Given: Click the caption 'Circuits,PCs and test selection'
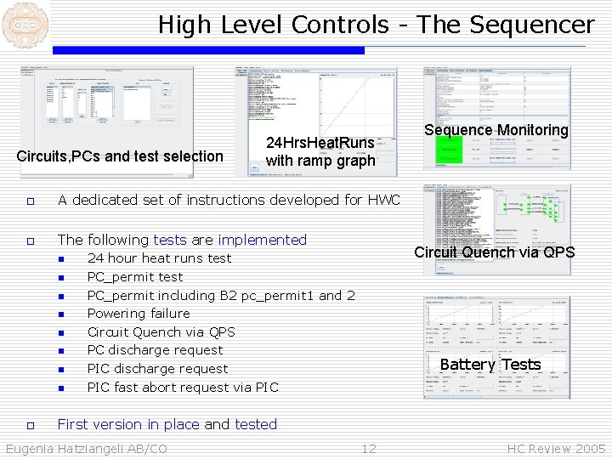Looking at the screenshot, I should tap(120, 156).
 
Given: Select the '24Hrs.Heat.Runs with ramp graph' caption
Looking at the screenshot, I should tap(320, 152).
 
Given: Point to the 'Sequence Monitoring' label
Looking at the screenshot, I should tap(496, 130).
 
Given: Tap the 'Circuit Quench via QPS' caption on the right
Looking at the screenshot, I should tap(494, 252).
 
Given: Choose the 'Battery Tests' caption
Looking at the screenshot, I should tap(490, 365).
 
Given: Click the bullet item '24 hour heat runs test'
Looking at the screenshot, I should tap(159, 258).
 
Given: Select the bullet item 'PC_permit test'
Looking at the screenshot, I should tap(135, 277).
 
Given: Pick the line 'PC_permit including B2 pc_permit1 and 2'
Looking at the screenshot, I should tap(221, 296).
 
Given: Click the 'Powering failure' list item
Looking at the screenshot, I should tap(139, 314).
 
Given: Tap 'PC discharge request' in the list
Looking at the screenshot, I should tap(155, 350).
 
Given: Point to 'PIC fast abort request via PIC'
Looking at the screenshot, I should tap(183, 388).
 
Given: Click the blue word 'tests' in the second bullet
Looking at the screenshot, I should tap(169, 240).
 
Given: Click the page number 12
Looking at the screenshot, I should tap(368, 449).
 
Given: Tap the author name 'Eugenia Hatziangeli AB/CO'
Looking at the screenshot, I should tap(87, 449).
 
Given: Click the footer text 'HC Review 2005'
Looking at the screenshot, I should tap(556, 449).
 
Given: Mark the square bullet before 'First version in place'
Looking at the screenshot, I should tap(30, 425).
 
